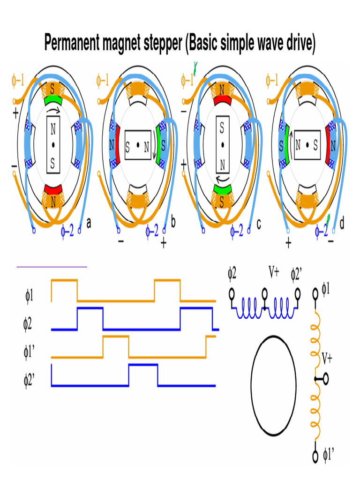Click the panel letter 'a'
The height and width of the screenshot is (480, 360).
point(89,223)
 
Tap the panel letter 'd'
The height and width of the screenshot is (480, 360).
point(342,223)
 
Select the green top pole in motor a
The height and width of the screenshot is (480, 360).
point(53,100)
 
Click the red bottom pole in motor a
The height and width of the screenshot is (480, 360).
point(53,189)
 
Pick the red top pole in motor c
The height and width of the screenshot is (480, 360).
point(223,100)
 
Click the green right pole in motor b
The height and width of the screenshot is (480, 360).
point(159,145)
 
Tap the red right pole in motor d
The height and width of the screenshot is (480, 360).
point(329,145)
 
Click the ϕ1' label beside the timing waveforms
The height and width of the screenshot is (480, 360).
point(29,352)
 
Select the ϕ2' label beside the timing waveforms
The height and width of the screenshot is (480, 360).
point(29,380)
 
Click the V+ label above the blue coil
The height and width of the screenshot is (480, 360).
point(274,271)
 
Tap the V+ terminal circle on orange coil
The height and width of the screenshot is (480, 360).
point(326,379)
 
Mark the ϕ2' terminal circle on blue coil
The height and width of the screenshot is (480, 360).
point(297,294)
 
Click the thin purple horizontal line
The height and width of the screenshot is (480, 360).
point(52,267)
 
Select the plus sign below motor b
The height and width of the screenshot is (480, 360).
point(164,244)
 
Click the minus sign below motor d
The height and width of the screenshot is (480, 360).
point(330,241)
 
